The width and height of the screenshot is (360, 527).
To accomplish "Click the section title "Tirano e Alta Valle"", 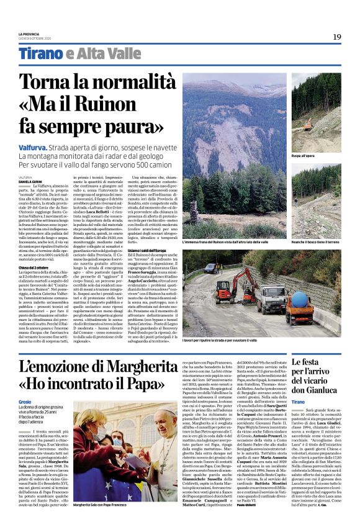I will click(80, 55).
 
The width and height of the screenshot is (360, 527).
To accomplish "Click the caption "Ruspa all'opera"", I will click(303, 156).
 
